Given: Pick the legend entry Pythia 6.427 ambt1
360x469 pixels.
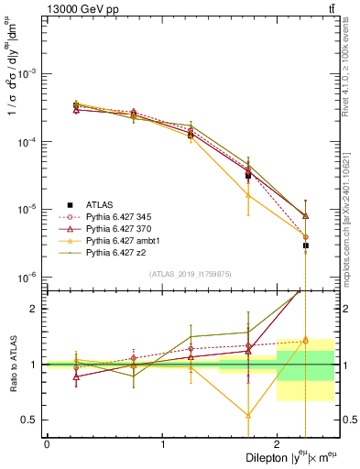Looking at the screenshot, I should click(x=124, y=240).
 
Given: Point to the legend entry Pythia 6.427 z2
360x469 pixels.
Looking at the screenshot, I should click(x=118, y=252).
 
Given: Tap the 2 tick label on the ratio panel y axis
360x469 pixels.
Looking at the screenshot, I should click(x=35, y=309).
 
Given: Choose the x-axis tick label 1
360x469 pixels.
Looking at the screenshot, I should click(x=162, y=443).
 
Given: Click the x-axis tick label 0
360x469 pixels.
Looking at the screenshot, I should click(x=47, y=443).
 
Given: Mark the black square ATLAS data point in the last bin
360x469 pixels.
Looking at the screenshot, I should click(x=306, y=245).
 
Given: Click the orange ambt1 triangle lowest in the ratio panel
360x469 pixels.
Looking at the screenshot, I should click(x=248, y=415).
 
